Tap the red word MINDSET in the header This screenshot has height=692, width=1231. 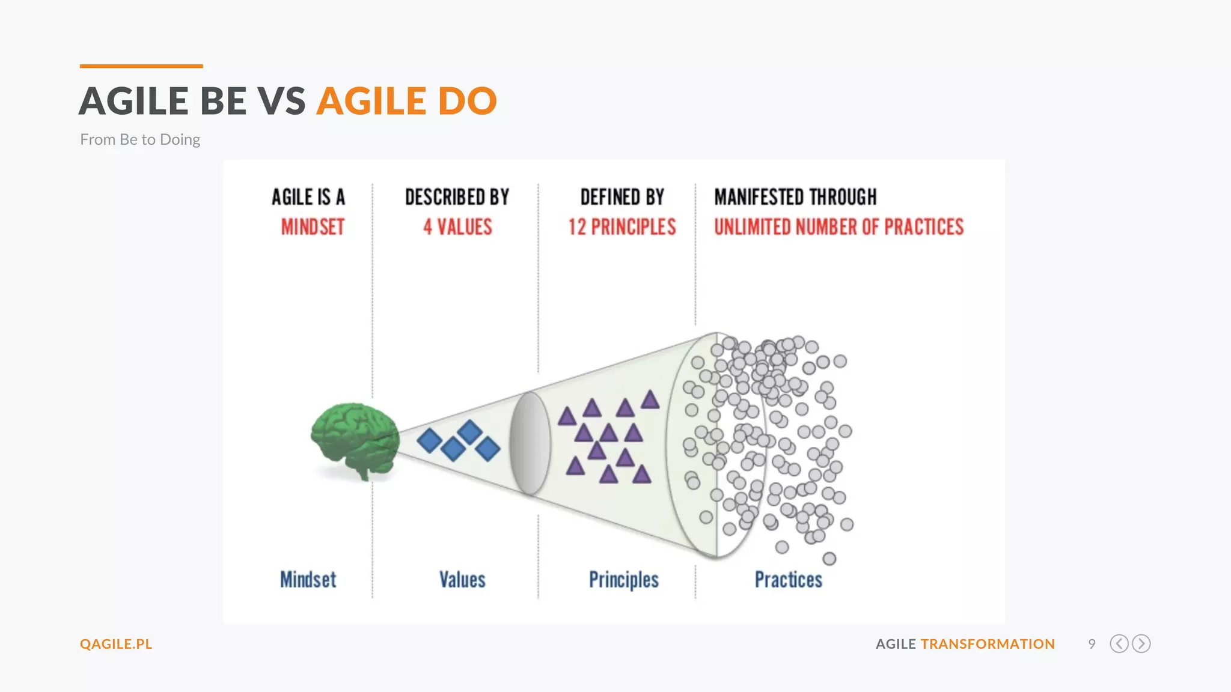(x=313, y=227)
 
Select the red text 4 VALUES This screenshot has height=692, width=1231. (x=457, y=227)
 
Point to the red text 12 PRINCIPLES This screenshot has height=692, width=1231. (x=622, y=227)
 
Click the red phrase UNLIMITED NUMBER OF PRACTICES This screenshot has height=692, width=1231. (x=838, y=227)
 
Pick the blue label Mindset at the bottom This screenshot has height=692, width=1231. (x=308, y=580)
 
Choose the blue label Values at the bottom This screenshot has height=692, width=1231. (x=462, y=580)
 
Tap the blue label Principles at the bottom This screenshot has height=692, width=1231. (x=624, y=580)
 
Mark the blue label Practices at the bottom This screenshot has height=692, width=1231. (x=789, y=580)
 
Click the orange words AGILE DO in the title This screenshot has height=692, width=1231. (x=407, y=101)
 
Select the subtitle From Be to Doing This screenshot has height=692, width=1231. (x=140, y=139)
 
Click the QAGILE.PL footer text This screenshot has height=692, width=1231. (x=116, y=644)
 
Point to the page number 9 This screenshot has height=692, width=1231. (x=1092, y=644)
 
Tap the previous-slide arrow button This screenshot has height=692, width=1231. (x=1119, y=644)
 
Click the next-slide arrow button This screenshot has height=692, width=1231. (x=1141, y=644)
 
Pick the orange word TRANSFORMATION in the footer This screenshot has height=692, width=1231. (x=988, y=644)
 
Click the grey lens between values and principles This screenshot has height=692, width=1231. (x=530, y=443)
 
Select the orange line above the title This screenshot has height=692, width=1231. (x=141, y=66)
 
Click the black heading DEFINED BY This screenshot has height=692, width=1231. (x=622, y=197)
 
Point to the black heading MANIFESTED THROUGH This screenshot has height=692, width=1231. (x=795, y=197)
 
